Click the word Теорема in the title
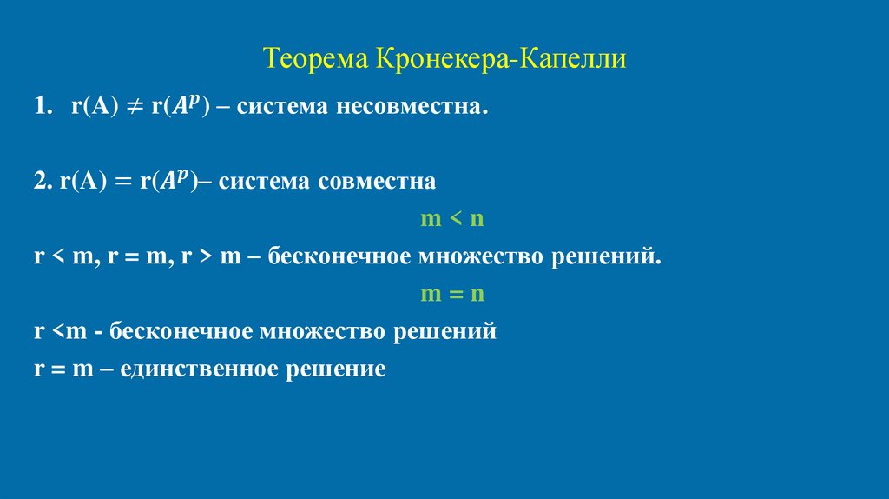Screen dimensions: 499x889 [316, 60]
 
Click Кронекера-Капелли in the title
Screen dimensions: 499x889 [500, 60]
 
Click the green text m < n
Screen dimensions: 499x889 [451, 219]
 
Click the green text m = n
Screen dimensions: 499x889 [451, 294]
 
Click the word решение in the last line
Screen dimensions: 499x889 [335, 369]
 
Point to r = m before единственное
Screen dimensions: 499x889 [63, 369]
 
